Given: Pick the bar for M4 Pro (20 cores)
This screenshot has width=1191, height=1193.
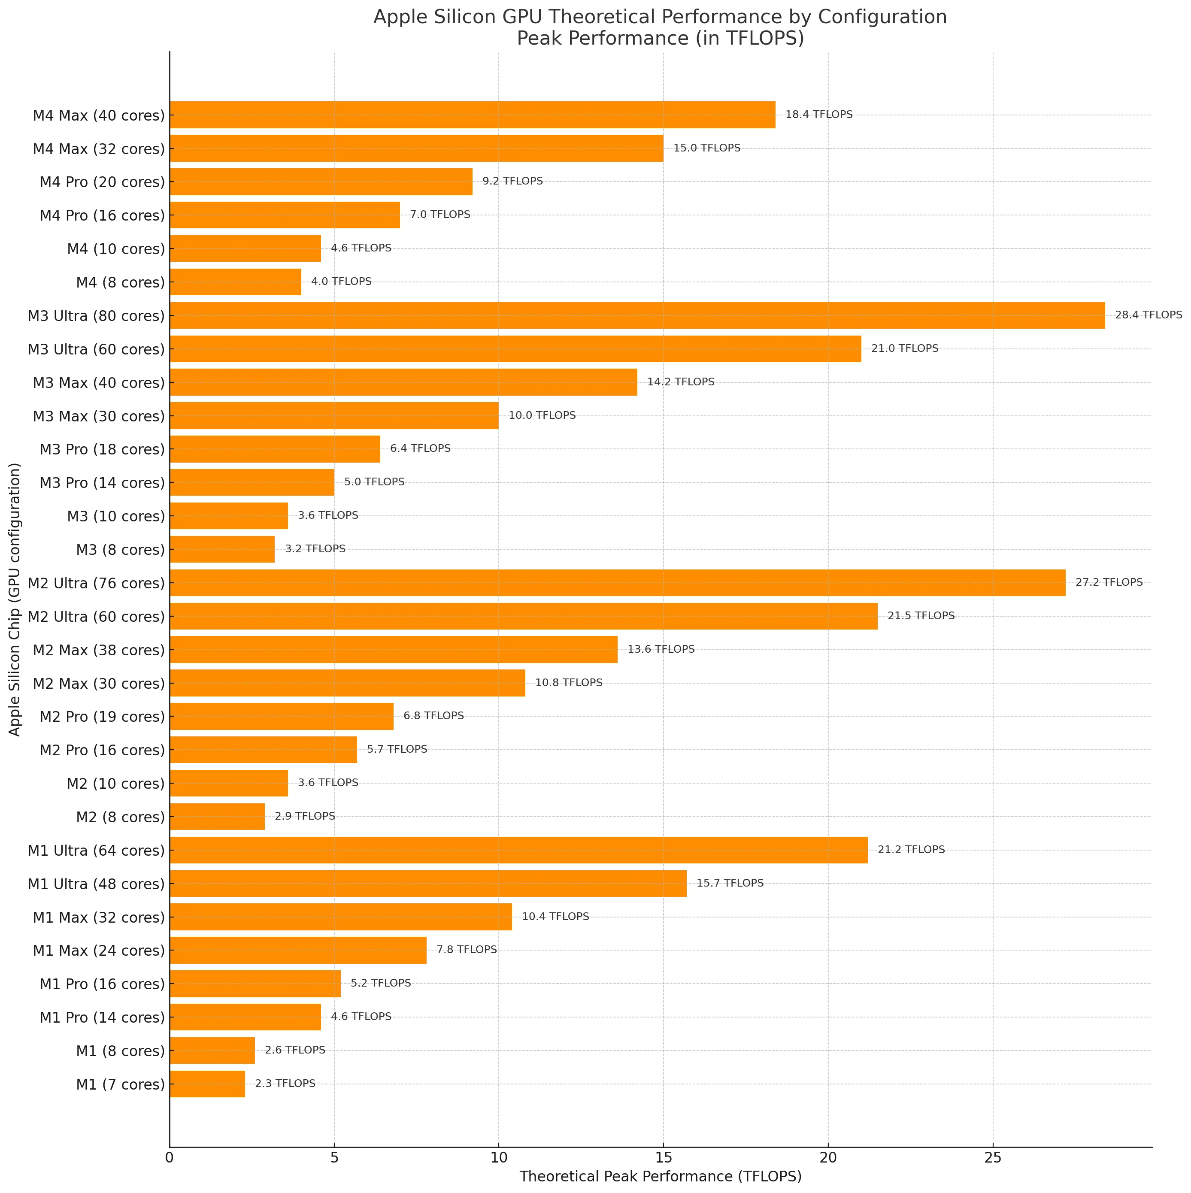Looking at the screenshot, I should pyautogui.click(x=321, y=182).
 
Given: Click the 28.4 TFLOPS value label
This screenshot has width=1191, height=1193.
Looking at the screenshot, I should pyautogui.click(x=1148, y=315).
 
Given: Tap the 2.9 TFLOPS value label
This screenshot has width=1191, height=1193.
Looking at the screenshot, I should pyautogui.click(x=304, y=816).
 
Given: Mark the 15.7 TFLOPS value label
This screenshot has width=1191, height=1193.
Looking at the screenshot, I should pyautogui.click(x=729, y=883).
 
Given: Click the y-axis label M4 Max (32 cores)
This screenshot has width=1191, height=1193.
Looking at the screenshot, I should pyautogui.click(x=99, y=149).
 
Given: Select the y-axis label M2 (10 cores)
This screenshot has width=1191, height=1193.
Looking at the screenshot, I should pyautogui.click(x=115, y=784).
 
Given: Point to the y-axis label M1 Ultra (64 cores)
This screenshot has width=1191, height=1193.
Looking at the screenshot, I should pyautogui.click(x=96, y=851).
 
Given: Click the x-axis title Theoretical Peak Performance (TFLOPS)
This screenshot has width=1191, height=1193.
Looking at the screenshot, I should pyautogui.click(x=660, y=1176).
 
